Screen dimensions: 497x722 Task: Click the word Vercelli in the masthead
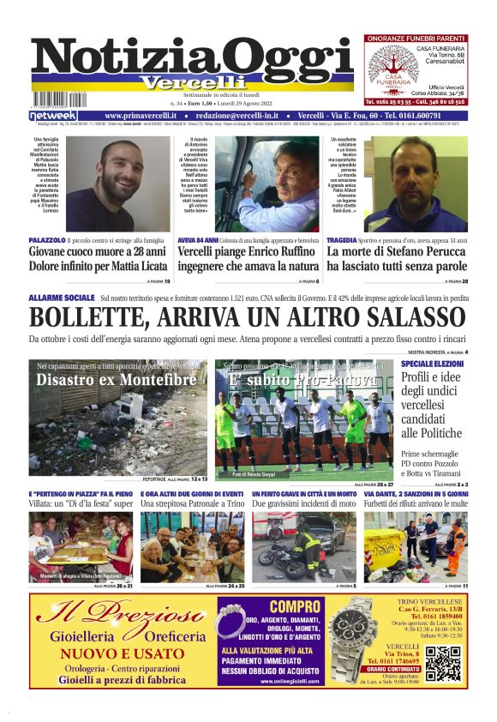click(x=182, y=83)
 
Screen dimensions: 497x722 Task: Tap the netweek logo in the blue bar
click(x=53, y=116)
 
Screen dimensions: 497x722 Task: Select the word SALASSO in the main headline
click(x=397, y=317)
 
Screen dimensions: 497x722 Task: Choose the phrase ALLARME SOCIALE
click(x=61, y=297)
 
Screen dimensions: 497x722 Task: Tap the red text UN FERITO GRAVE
click(x=283, y=495)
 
